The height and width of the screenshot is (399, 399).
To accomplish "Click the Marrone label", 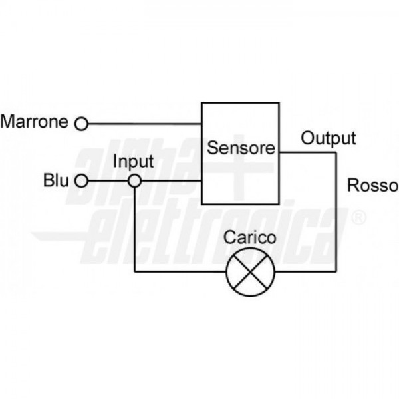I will coord(35,122).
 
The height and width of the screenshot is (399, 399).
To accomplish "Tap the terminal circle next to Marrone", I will coord(81,123).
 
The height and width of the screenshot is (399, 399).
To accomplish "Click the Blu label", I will coord(56,180).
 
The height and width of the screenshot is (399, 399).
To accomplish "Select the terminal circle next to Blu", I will coord(81,180).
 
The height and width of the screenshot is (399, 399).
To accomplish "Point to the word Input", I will coord(133,162).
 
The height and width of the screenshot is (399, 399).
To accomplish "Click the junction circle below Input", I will coord(134,180).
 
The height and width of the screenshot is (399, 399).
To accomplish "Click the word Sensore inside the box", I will coord(241,148).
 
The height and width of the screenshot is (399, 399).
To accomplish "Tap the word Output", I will coord(329,138).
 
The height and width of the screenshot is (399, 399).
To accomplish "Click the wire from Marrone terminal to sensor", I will coord(144,123).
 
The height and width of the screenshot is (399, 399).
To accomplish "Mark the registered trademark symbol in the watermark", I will coord(358,216).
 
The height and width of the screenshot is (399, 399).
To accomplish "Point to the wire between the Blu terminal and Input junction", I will coord(108,180).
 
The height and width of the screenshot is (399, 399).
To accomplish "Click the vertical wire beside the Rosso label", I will coord(336,213).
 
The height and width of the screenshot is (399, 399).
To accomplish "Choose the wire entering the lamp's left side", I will coord(180,271).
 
